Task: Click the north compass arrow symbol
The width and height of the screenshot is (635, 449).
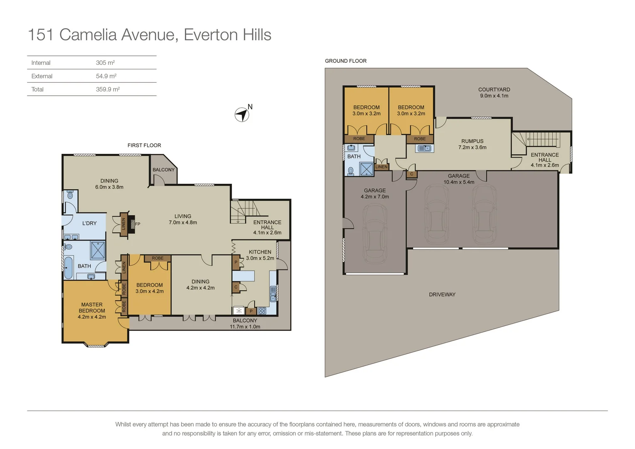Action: point(242,115)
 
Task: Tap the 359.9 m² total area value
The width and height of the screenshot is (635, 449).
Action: point(108,89)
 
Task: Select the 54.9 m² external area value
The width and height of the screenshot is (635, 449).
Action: point(106,76)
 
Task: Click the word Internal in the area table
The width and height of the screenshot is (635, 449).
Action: point(41,63)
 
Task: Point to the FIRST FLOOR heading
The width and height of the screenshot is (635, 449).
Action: point(144,145)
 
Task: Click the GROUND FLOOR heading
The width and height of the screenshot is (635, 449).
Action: point(346,61)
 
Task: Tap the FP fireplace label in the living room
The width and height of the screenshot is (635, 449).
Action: point(138,224)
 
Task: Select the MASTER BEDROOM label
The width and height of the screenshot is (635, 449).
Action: point(92,308)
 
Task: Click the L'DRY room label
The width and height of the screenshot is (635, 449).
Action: point(89,223)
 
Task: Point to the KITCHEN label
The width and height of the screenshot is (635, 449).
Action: point(260,252)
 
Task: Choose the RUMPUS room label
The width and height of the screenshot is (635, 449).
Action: point(472,141)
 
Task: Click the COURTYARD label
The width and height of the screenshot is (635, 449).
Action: point(494,89)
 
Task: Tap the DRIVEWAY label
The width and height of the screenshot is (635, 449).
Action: point(442,294)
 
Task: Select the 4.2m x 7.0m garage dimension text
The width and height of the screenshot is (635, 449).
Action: point(375,197)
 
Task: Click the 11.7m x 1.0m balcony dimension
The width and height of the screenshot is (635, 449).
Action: point(245,326)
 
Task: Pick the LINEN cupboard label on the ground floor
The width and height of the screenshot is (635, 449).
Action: point(381,167)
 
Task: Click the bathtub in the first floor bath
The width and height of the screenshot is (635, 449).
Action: point(68,268)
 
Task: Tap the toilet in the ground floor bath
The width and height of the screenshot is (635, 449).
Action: point(351,171)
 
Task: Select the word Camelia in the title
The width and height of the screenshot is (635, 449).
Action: point(88,35)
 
